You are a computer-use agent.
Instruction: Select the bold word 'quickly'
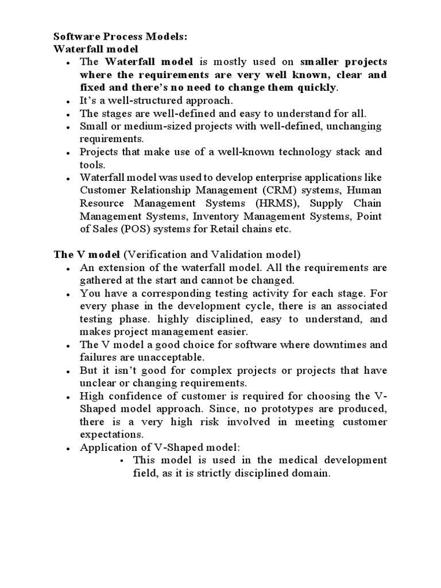315,87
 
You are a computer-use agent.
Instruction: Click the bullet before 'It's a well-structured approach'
69,101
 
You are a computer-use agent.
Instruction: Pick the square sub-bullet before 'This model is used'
123,461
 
